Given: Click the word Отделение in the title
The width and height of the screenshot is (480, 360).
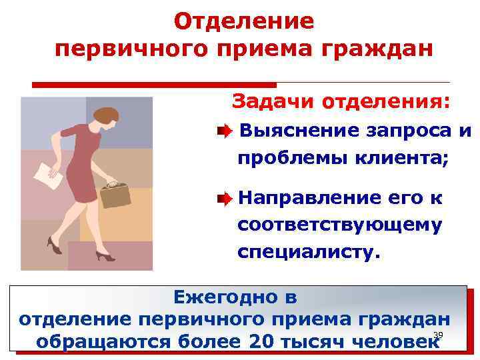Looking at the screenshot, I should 243,21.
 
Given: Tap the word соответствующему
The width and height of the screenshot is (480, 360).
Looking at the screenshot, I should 339,225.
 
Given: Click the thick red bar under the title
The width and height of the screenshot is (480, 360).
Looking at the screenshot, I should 154,85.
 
